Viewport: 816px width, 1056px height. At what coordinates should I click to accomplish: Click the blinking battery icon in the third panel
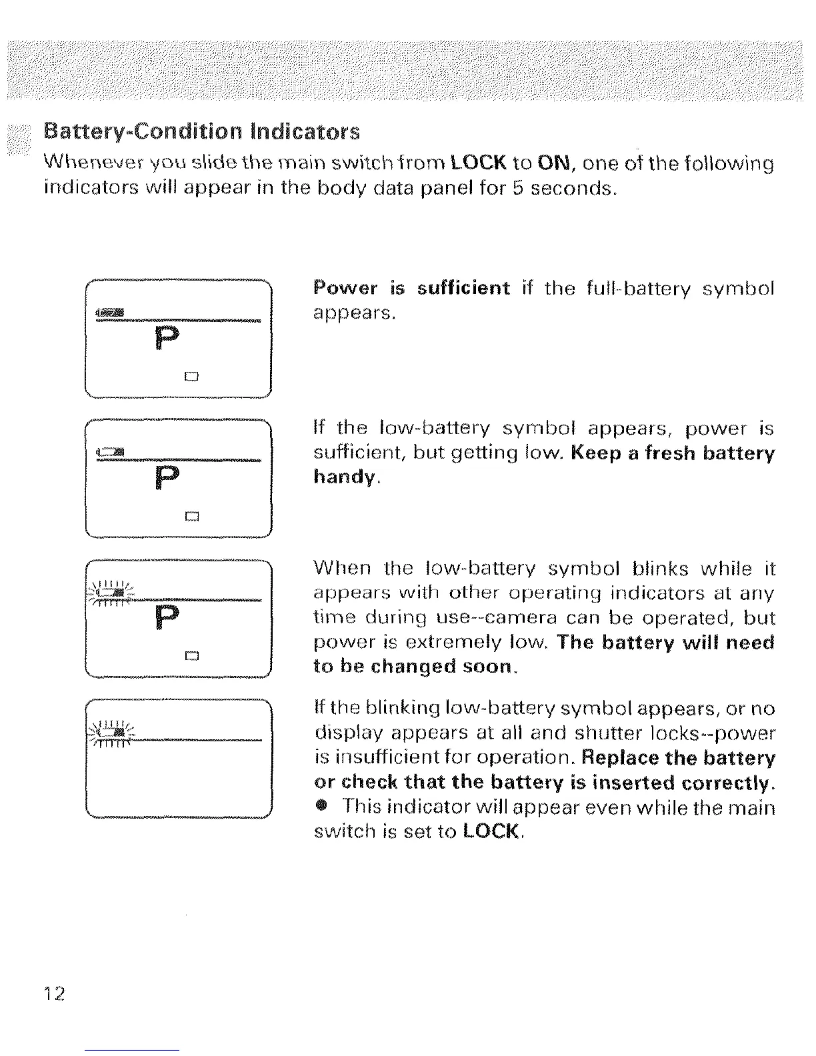(x=109, y=592)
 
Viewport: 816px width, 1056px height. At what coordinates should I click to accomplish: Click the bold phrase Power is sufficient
(x=411, y=288)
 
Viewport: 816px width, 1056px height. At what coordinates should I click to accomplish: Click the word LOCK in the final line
(x=490, y=831)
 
